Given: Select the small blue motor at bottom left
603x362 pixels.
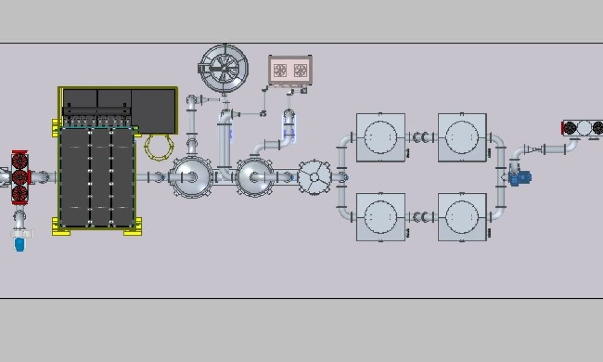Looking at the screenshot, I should pos(19,244).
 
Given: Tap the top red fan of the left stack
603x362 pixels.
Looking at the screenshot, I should pos(19,160).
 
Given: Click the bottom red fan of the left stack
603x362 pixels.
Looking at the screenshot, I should pos(19,193).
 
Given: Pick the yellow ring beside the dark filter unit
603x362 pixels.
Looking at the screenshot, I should pos(159,147).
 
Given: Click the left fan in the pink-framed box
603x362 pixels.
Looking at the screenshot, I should pos(280,71).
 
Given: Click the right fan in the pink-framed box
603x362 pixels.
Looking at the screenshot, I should pos(300,71).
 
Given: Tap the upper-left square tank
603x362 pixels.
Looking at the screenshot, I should pos(380,138).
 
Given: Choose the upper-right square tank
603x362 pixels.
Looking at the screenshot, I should pos(462,138).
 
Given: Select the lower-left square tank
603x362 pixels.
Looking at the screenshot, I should pos(380,217).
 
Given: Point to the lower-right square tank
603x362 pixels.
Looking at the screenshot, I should pos(462,217).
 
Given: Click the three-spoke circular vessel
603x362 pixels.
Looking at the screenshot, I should pos(315,177).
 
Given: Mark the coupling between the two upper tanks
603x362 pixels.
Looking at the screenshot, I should pos(421,138).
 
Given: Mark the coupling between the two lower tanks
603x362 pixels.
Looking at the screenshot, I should pos(421,217).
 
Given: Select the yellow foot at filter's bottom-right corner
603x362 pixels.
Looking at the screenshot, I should pos(134,229).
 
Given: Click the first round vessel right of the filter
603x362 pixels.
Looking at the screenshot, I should pos(190,177).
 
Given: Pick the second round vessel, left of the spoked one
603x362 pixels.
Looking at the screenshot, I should pos(256,177).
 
